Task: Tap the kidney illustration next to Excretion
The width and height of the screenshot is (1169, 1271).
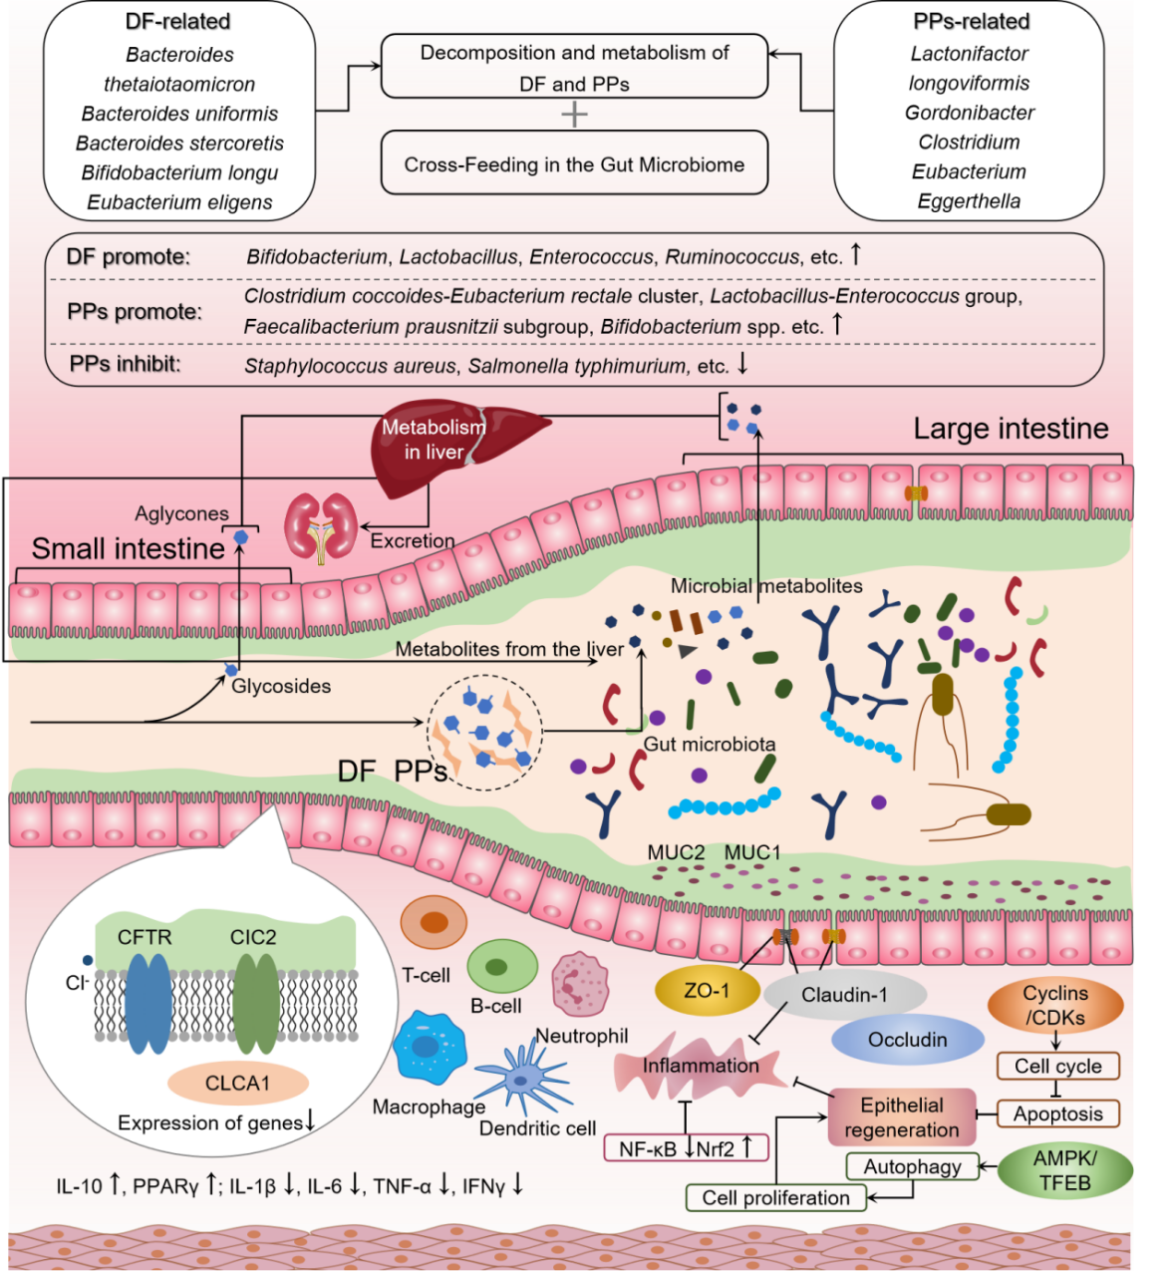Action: [x=321, y=525]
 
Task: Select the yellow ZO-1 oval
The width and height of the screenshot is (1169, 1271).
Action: [x=706, y=991]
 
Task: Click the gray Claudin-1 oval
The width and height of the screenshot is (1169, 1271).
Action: [x=844, y=995]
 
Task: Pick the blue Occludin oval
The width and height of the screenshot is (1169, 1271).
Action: [x=907, y=1040]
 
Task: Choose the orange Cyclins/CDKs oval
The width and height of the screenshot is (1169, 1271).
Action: [x=1054, y=1005]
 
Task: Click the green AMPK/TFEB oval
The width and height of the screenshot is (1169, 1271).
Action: [x=1064, y=1170]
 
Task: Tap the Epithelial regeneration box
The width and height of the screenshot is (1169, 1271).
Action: [x=901, y=1117]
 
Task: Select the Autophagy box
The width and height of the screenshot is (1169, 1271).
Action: [x=912, y=1166]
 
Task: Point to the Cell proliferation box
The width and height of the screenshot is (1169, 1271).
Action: [x=775, y=1197]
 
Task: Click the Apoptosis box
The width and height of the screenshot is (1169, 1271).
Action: [x=1057, y=1113]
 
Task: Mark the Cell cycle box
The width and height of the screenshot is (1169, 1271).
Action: [x=1057, y=1066]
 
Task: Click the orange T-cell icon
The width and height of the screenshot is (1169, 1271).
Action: [x=434, y=923]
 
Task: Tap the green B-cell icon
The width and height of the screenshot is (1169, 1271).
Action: [x=502, y=966]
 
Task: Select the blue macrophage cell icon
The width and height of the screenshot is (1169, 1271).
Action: [x=430, y=1049]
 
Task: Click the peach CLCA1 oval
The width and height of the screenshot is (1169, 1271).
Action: [x=237, y=1083]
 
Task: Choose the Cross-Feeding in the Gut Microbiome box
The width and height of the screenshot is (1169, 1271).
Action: [x=574, y=164]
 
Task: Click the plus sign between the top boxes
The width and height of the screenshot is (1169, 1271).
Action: [x=574, y=114]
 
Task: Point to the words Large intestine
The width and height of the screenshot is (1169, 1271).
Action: [x=1011, y=429]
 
